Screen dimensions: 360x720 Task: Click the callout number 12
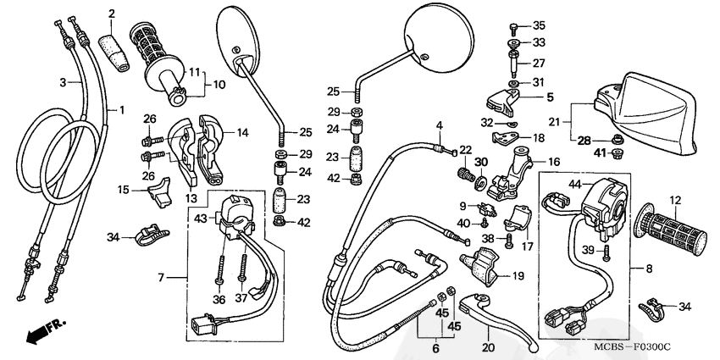675,201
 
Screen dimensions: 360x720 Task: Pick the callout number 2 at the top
112,14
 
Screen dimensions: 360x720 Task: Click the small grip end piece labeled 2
115,42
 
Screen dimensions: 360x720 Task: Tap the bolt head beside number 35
515,25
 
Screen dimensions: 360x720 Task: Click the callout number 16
554,161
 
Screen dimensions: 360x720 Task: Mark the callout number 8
650,269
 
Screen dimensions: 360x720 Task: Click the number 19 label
518,275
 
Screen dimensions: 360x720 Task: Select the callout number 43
200,219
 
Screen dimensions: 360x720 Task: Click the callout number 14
242,132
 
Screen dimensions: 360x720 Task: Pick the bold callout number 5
549,97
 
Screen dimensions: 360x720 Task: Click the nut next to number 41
618,153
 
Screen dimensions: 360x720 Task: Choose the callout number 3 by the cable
63,82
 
